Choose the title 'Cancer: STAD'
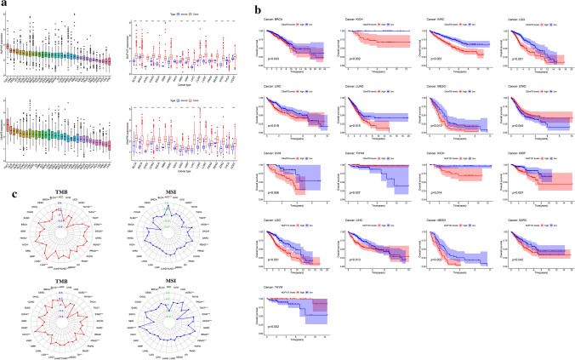tap(514, 87)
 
